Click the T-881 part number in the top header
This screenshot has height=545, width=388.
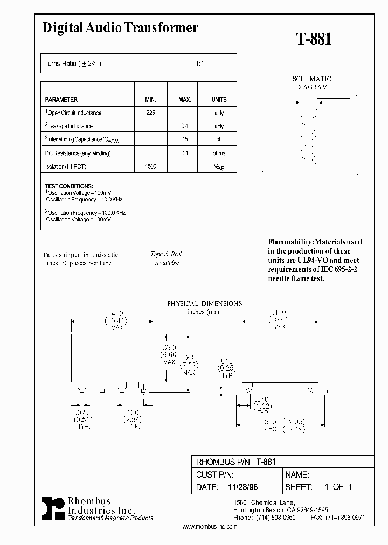[x=314, y=39]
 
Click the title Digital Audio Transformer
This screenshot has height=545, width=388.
[x=120, y=28]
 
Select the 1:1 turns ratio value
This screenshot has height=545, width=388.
[x=199, y=64]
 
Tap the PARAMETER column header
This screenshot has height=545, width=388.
[x=61, y=100]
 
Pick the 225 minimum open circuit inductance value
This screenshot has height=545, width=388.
[x=150, y=113]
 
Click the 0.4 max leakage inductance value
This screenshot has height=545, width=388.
[x=185, y=126]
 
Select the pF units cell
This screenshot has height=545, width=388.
[x=219, y=139]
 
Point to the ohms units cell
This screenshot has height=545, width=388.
[x=219, y=153]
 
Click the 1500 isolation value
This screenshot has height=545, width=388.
[x=150, y=166]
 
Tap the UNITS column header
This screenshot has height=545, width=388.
[x=219, y=100]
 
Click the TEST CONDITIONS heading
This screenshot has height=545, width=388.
[x=69, y=186]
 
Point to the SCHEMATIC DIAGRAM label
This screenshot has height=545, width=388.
[x=311, y=83]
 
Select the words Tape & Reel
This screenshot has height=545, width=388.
[x=167, y=254]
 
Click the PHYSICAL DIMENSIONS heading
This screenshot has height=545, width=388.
[x=204, y=304]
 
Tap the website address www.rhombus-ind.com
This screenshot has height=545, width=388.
[x=210, y=527]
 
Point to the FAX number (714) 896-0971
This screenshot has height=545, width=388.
[x=345, y=517]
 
